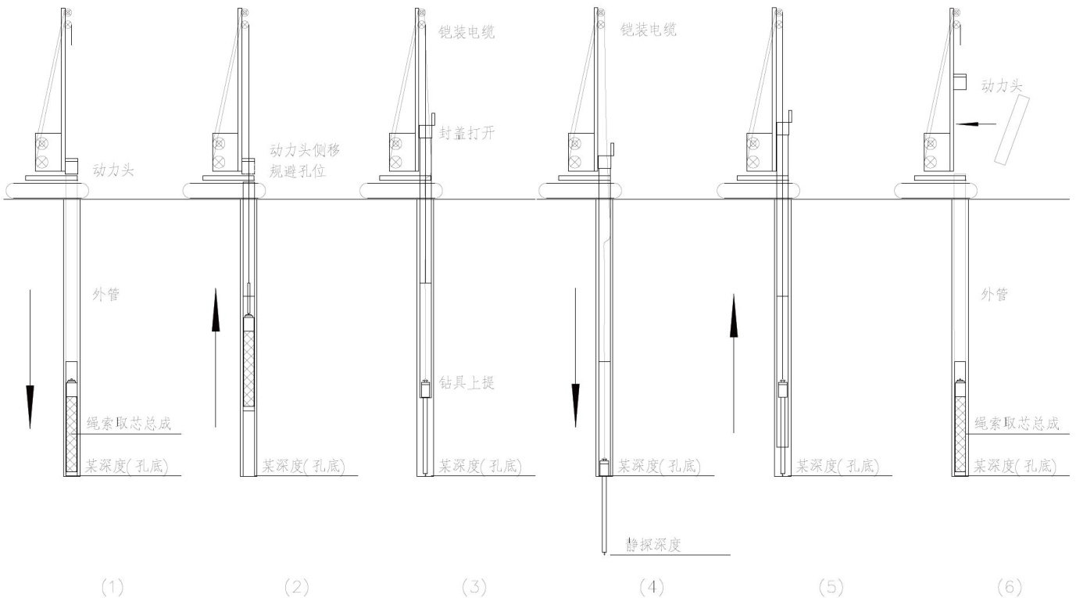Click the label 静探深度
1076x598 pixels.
649,545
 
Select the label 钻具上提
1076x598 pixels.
467,383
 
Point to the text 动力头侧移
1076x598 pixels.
305,150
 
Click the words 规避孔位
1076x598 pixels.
297,170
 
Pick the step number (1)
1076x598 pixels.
113,586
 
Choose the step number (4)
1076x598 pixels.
651,586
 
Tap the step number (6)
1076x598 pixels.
1009,586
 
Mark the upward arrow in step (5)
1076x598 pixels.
734,363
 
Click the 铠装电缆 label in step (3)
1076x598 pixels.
467,33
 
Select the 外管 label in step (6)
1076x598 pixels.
994,295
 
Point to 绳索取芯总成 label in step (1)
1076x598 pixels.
131,424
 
